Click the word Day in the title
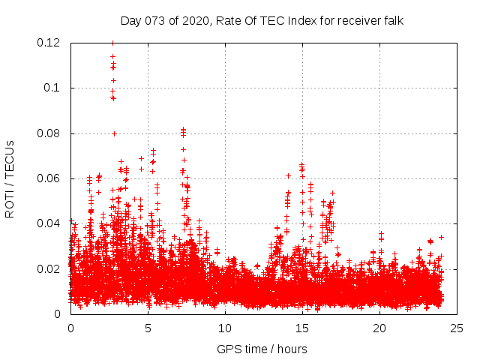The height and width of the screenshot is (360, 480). click(x=130, y=21)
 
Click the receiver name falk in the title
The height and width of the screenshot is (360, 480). click(x=392, y=21)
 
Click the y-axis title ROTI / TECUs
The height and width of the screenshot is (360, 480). click(x=10, y=178)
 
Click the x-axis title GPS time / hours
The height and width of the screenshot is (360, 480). click(x=262, y=349)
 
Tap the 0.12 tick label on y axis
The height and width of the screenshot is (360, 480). click(x=49, y=43)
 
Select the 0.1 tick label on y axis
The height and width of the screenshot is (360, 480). click(x=52, y=88)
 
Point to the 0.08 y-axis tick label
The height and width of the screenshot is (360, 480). click(x=49, y=133)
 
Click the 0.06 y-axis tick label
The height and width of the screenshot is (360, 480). click(x=49, y=178)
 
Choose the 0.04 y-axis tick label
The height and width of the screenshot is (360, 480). click(x=49, y=223)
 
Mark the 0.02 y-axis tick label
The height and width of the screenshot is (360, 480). click(x=49, y=268)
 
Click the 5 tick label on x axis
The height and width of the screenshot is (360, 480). click(x=148, y=328)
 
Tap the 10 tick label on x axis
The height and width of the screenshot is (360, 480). click(x=225, y=328)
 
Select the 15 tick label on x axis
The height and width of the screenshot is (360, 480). click(x=302, y=328)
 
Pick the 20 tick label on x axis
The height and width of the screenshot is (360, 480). click(x=379, y=328)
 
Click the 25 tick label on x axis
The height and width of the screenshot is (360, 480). click(x=457, y=328)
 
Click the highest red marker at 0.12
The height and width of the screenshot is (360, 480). click(x=112, y=43)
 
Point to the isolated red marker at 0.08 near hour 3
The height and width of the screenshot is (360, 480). click(x=114, y=133)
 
